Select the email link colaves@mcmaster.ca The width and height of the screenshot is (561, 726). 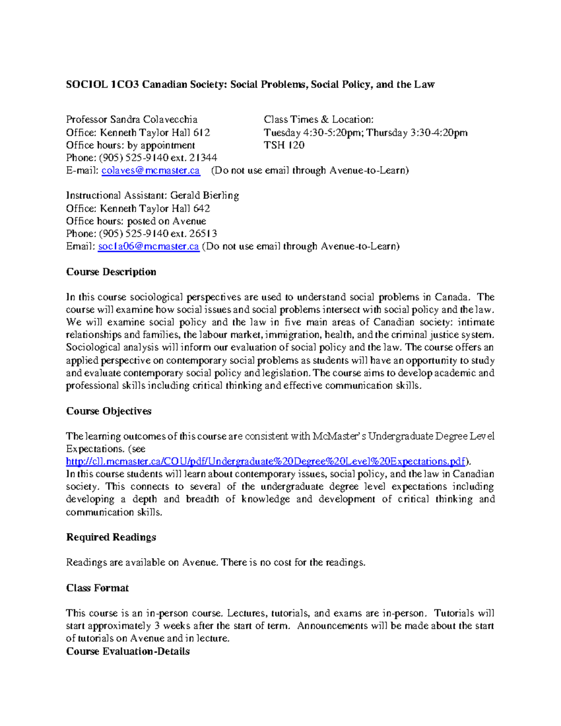(151, 171)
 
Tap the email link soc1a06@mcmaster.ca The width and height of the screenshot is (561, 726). (148, 246)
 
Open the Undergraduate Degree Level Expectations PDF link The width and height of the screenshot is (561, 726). (266, 461)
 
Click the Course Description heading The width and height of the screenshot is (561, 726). (111, 272)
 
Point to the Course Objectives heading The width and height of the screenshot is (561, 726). (109, 411)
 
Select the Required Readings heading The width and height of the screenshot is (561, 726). (111, 537)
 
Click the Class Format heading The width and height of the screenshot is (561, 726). (97, 588)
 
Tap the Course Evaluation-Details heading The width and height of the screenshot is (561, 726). (128, 651)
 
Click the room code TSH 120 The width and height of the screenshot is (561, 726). (284, 145)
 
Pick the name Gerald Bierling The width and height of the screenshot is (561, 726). (204, 195)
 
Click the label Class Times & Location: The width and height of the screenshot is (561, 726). (318, 120)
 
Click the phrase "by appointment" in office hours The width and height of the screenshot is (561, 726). (161, 145)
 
